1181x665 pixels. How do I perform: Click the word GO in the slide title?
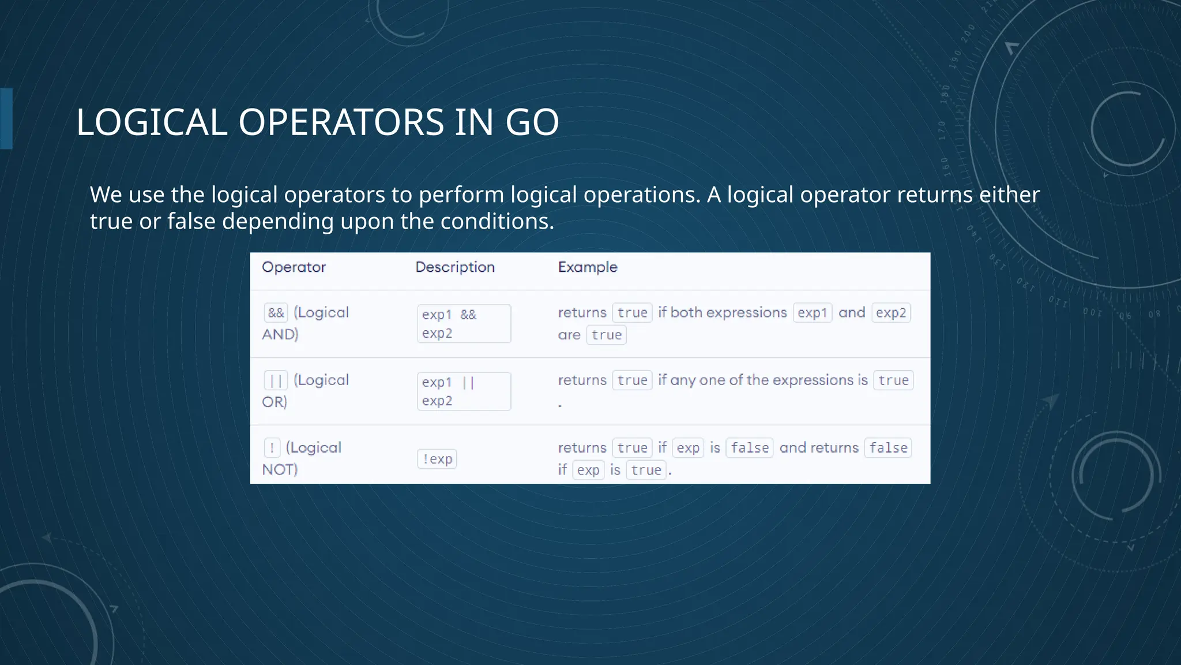tap(532, 122)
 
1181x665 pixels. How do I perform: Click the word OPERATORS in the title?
tap(341, 122)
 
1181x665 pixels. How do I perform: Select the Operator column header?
tap(294, 267)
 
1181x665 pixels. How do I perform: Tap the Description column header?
tap(455, 267)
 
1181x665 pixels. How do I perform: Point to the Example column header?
tap(588, 267)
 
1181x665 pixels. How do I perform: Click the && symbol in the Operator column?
tap(276, 313)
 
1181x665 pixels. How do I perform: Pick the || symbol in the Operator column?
tap(276, 380)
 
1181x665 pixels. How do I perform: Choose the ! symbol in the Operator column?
tap(272, 448)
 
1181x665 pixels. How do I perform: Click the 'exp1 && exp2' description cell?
tap(464, 324)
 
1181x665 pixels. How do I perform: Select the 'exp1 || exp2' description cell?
tap(464, 391)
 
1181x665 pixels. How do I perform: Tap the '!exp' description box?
tap(437, 459)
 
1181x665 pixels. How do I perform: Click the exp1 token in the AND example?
tap(813, 313)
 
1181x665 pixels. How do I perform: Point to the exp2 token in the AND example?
tap(891, 313)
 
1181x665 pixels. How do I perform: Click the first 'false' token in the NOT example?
tap(749, 448)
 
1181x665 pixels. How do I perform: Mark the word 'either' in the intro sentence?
tap(1009, 195)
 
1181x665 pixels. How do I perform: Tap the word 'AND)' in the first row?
tap(280, 335)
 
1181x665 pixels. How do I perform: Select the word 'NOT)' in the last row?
tap(280, 470)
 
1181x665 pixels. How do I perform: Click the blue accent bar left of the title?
tap(6, 118)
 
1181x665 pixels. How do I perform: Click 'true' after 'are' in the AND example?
tap(606, 335)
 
